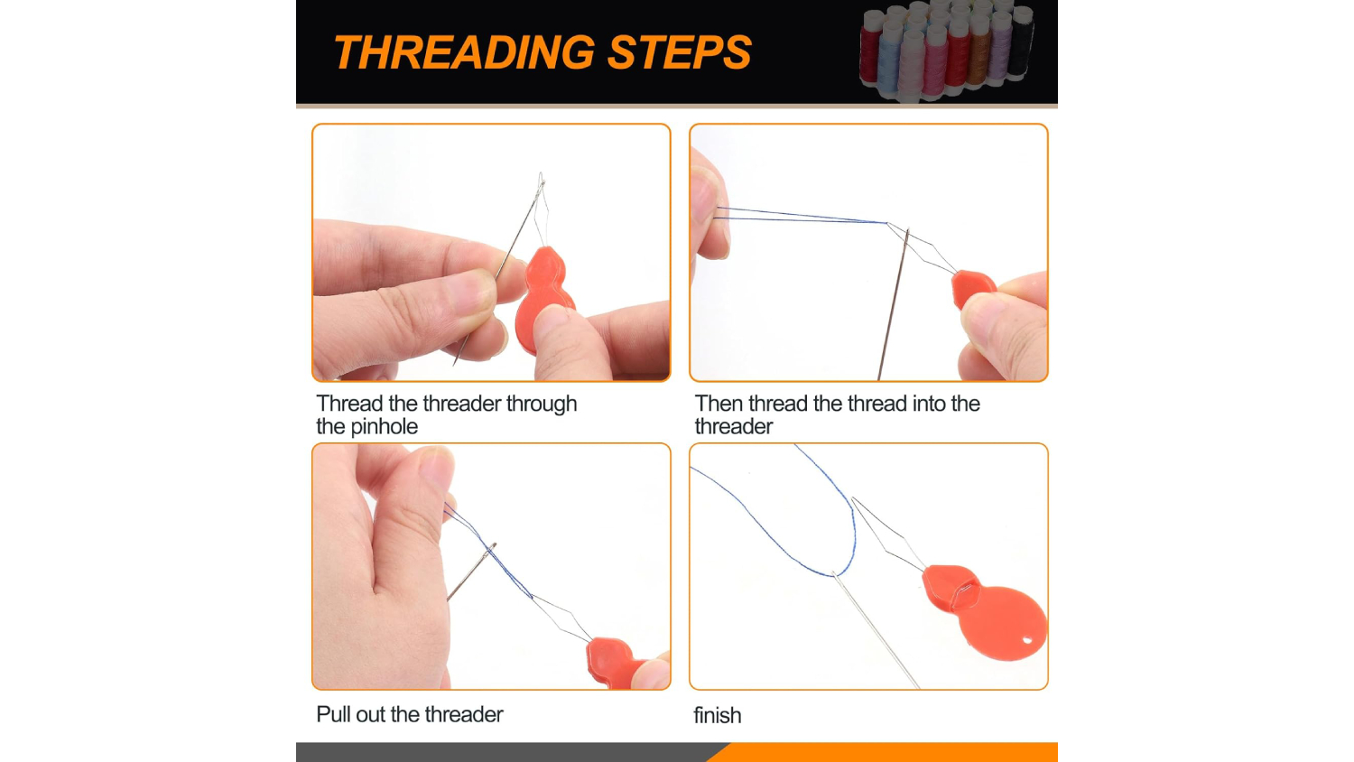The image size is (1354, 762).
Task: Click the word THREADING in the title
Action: [x=464, y=52]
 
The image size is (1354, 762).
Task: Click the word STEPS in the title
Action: [x=680, y=52]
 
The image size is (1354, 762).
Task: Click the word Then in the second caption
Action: [x=719, y=404]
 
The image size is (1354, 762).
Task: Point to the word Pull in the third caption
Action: [x=333, y=714]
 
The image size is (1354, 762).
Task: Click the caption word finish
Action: [x=717, y=715]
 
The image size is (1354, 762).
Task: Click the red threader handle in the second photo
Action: [x=972, y=289]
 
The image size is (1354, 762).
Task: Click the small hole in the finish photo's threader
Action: [x=1027, y=640]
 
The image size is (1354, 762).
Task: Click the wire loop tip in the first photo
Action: [x=541, y=175]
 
